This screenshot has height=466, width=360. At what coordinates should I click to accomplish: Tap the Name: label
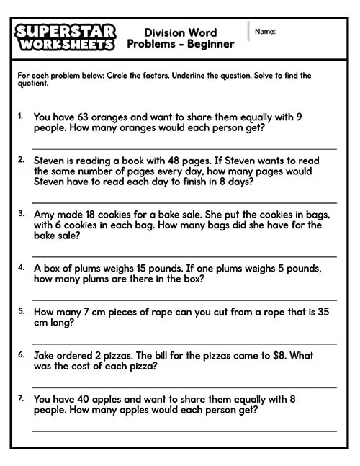click(265, 32)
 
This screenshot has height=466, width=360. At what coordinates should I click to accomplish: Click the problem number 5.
click(22, 311)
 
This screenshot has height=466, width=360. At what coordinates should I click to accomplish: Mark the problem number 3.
click(22, 214)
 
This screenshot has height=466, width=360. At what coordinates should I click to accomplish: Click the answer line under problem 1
click(184, 149)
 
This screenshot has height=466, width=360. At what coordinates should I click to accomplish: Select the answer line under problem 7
click(184, 431)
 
